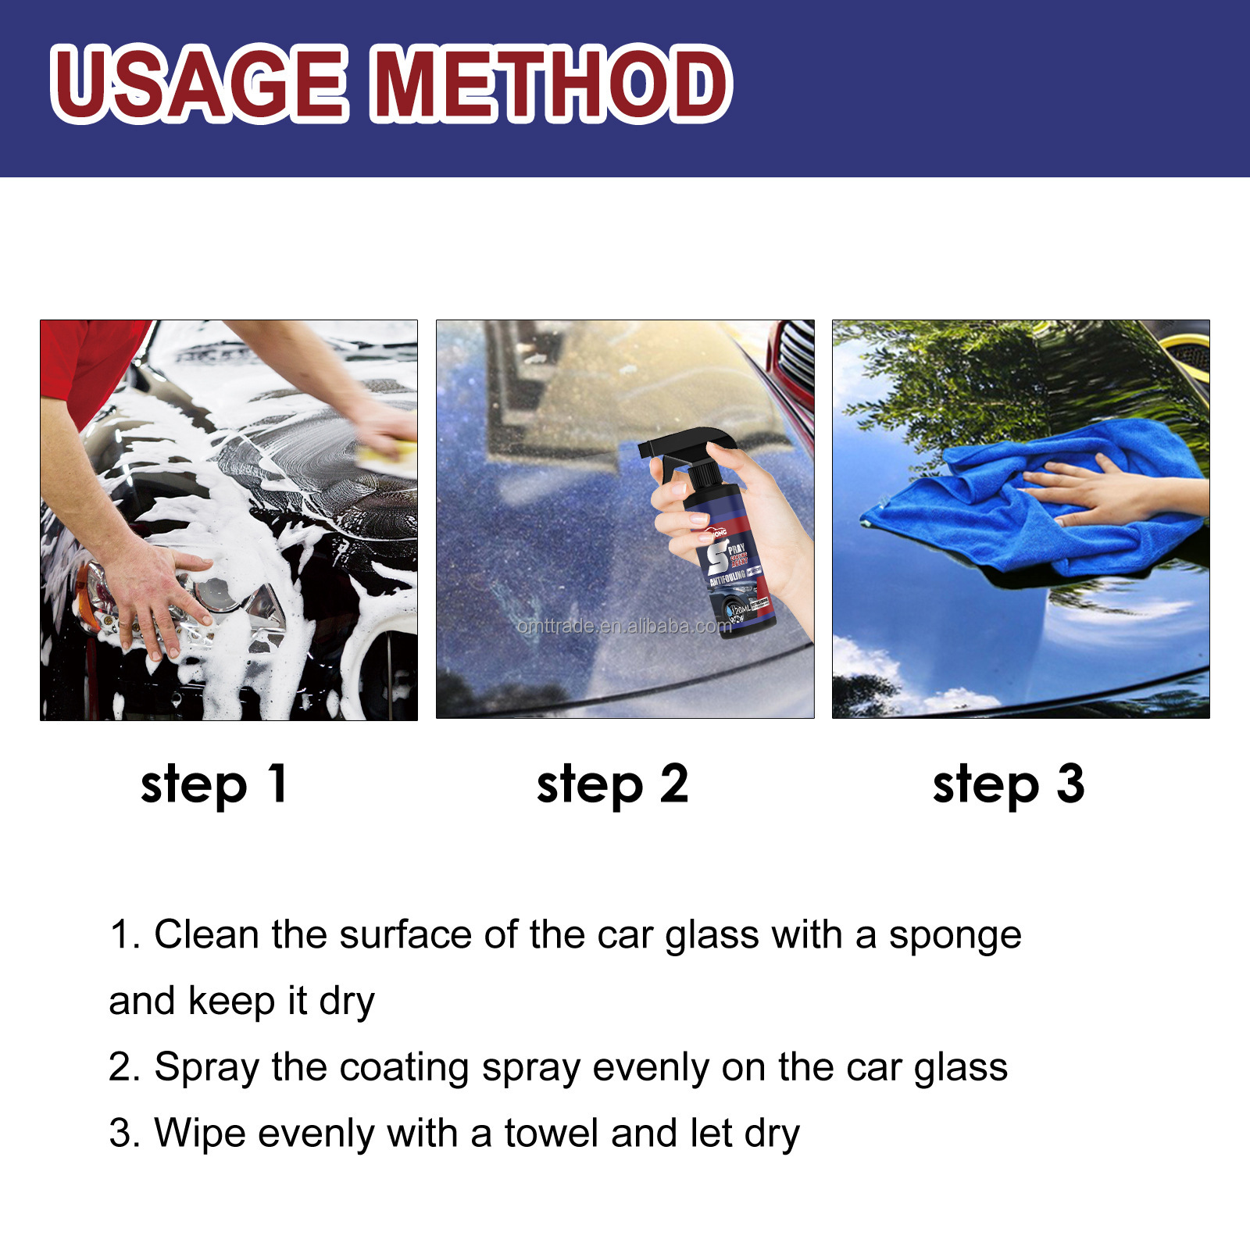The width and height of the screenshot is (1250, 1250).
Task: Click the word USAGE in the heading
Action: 199,84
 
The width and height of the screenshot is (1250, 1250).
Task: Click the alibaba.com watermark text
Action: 625,626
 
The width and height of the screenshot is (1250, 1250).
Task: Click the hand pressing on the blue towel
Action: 1094,492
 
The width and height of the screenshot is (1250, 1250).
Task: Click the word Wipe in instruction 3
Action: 200,1134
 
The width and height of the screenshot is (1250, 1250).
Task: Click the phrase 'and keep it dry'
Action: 241,1002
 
